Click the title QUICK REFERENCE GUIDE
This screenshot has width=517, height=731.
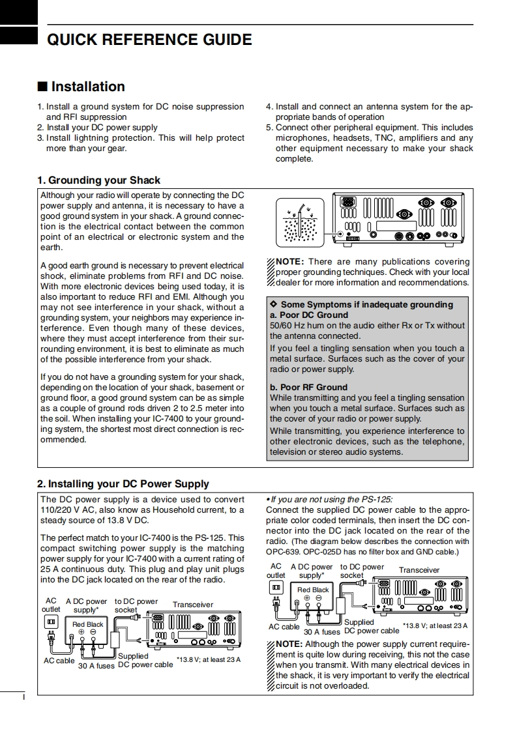click(x=149, y=40)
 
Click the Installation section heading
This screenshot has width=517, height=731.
click(x=87, y=87)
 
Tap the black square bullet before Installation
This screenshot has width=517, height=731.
click(x=42, y=87)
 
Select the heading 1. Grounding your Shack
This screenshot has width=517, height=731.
click(x=98, y=180)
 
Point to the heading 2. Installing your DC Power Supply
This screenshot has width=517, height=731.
click(x=123, y=483)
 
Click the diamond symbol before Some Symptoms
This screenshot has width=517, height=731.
click(x=274, y=304)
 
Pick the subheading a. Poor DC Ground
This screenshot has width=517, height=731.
click(x=309, y=315)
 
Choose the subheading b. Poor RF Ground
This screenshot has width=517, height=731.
click(x=308, y=387)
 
